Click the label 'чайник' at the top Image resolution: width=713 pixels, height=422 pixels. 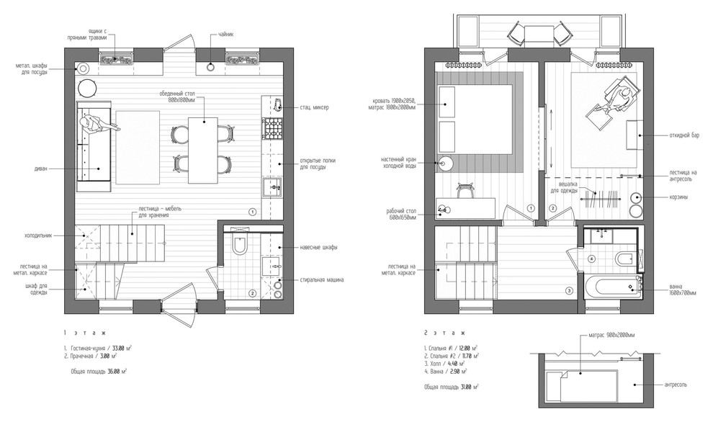[224, 34]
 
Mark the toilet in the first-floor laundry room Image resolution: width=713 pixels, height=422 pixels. [241, 246]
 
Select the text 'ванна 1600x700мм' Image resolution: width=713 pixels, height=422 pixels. [676, 289]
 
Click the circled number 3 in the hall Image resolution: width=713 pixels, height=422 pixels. [568, 292]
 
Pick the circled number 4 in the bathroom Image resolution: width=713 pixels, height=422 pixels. [591, 259]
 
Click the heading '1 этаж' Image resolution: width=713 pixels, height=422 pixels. [84, 333]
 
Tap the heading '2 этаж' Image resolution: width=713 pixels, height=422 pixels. [444, 333]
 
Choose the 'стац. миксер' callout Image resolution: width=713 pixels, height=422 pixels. [315, 107]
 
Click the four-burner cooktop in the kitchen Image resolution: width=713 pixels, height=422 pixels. [273, 130]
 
